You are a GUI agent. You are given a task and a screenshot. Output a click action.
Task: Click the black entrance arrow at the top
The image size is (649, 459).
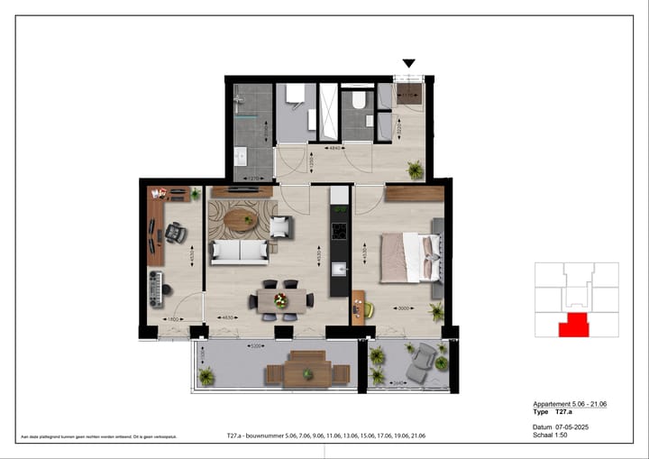click(408, 63)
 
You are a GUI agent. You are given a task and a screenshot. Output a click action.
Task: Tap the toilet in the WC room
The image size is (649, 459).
click(358, 100)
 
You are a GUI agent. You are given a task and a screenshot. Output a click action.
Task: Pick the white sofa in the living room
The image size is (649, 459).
click(239, 252)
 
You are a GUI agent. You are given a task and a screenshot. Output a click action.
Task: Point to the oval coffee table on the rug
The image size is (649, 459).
click(241, 218)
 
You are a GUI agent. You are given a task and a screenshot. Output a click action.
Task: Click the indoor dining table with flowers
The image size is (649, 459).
click(283, 300)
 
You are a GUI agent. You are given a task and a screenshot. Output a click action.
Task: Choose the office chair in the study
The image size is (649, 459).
click(173, 234)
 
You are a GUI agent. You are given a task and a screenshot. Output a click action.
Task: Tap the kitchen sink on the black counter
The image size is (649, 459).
click(339, 269)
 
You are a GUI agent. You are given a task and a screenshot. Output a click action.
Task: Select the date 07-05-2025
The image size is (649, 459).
click(571, 427)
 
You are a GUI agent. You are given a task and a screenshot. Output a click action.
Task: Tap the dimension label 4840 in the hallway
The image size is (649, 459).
click(333, 147)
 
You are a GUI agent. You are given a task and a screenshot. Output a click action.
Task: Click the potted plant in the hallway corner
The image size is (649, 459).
click(415, 169)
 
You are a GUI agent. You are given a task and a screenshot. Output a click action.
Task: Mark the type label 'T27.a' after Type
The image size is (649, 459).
click(564, 411)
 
